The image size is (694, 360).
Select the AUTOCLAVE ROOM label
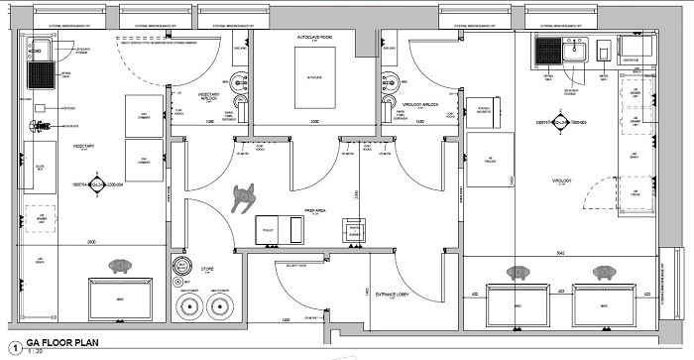click(x=313, y=37)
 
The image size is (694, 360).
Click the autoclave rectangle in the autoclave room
click(x=313, y=75)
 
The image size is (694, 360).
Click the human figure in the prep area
click(x=242, y=197)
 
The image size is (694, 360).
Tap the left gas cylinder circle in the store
click(x=189, y=304)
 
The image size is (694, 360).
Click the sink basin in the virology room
click(x=576, y=49)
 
